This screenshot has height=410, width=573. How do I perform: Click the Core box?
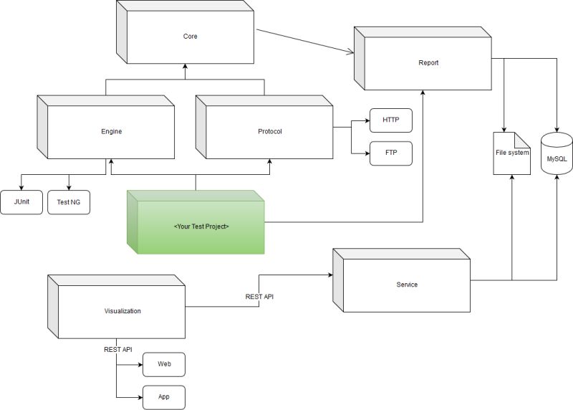pyautogui.click(x=189, y=36)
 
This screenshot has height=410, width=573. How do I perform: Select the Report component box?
pyautogui.click(x=428, y=63)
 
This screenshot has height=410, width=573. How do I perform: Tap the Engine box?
pyautogui.click(x=111, y=132)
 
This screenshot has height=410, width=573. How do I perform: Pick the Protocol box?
pyautogui.click(x=269, y=132)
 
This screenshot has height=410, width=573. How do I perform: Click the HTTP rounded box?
pyautogui.click(x=390, y=120)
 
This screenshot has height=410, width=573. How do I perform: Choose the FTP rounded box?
pyautogui.click(x=390, y=153)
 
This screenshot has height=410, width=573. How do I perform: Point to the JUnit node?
pyautogui.click(x=21, y=202)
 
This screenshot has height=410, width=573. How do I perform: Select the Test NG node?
pyautogui.click(x=69, y=202)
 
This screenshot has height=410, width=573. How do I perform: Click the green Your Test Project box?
pyautogui.click(x=201, y=227)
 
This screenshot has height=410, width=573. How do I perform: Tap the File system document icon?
pyautogui.click(x=512, y=153)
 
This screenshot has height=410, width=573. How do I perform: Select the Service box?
pyautogui.click(x=406, y=285)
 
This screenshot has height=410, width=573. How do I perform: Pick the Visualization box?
pyautogui.click(x=122, y=311)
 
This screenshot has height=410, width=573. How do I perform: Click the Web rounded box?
pyautogui.click(x=164, y=364)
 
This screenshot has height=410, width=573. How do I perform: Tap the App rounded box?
pyautogui.click(x=164, y=396)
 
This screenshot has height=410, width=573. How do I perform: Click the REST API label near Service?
pyautogui.click(x=260, y=295)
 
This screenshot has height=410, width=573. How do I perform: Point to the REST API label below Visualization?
pyautogui.click(x=118, y=349)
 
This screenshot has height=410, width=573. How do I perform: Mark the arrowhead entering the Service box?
pyautogui.click(x=329, y=275)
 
